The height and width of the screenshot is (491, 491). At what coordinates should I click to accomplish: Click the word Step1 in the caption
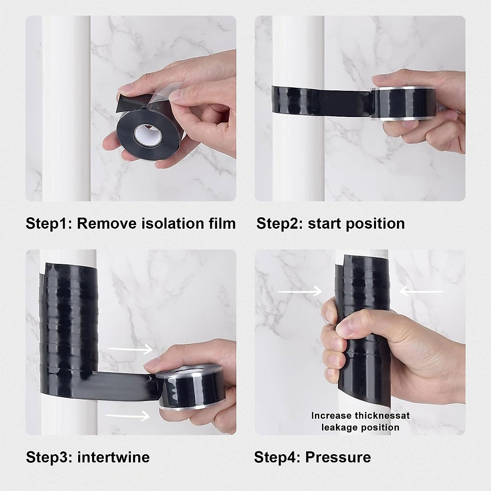48,224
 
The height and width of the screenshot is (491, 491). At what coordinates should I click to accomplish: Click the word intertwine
113,457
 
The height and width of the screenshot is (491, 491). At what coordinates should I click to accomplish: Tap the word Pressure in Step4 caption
338,457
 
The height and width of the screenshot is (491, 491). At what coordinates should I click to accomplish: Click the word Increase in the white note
331,416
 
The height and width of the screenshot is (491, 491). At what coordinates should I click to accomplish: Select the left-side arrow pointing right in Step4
300,291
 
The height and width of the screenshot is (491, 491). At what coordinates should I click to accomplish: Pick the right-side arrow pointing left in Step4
421,291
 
